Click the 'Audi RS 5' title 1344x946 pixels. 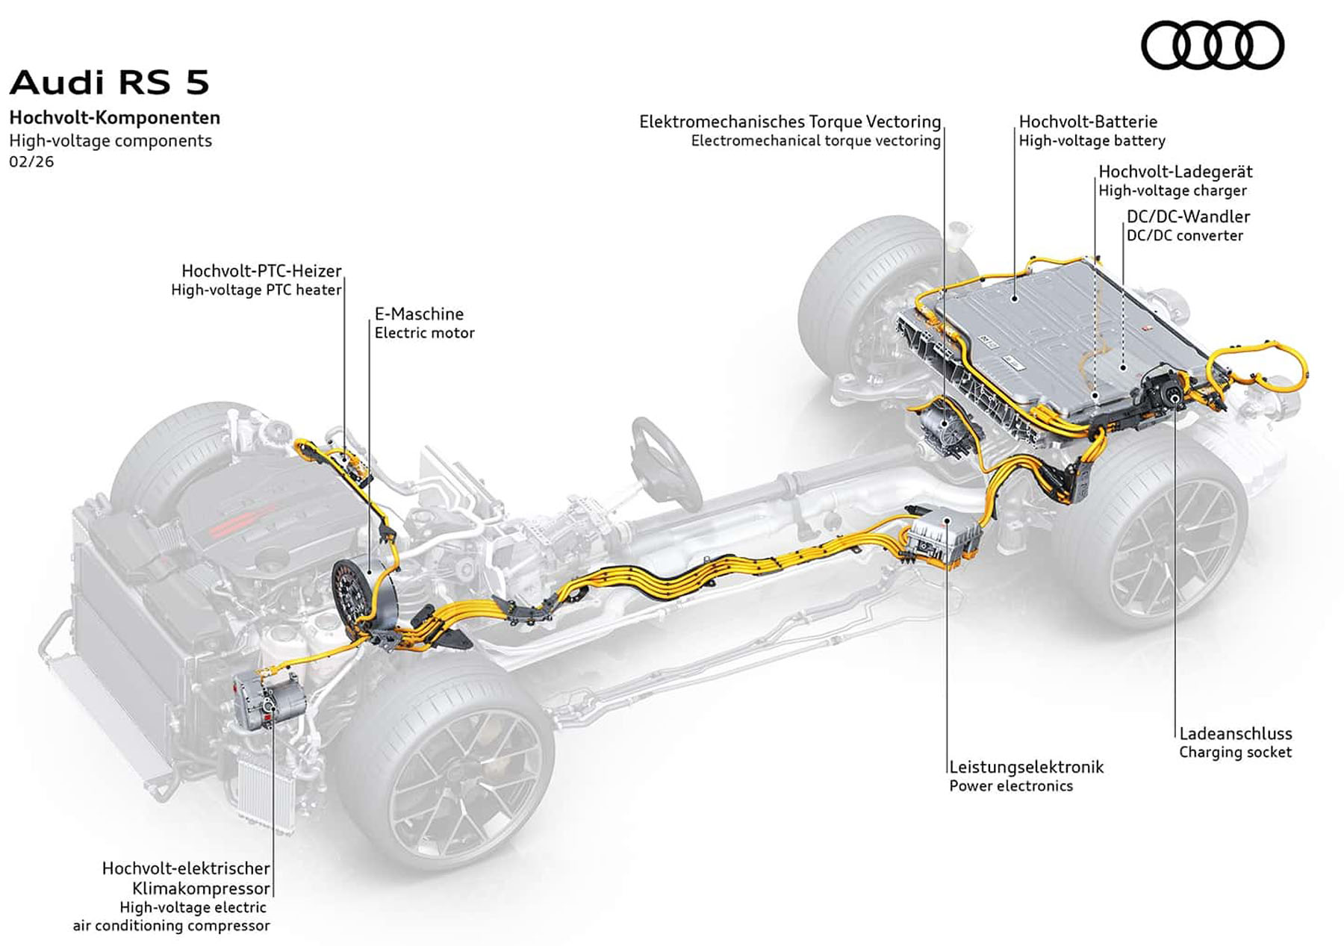tap(110, 82)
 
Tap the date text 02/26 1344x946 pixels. tap(31, 161)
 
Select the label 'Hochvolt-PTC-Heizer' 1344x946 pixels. tap(261, 270)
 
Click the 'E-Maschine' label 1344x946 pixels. tap(419, 314)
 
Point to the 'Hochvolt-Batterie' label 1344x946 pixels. tap(1088, 121)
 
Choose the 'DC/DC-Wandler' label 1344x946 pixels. tap(1188, 217)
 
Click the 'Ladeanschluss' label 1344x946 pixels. tap(1235, 733)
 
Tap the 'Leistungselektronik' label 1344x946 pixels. tap(1026, 767)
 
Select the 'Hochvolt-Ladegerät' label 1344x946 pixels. tap(1175, 172)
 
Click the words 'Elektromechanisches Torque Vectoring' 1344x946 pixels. tap(790, 121)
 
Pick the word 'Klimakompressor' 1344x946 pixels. tap(201, 889)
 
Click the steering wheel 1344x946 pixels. tap(664, 455)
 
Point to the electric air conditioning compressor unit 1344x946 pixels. tap(267, 699)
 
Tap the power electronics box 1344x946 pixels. tap(942, 535)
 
